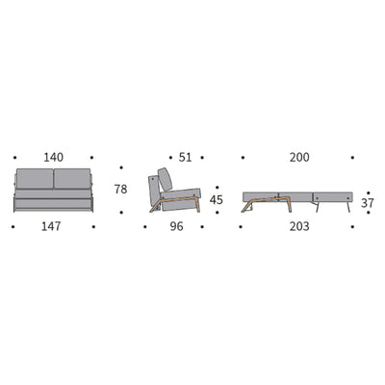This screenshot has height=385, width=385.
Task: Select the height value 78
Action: [x=120, y=190]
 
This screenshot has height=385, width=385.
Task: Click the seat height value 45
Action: [x=217, y=200]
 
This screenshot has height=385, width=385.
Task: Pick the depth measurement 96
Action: [x=176, y=227]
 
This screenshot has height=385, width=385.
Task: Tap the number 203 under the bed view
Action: [x=298, y=227]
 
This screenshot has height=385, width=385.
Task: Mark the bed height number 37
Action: [x=367, y=203]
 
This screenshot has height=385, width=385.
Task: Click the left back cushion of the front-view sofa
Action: [x=39, y=179]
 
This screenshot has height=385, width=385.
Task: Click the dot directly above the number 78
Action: [x=120, y=163]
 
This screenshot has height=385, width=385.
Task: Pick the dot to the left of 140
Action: [x=13, y=157]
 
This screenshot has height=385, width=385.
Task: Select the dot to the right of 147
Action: [x=93, y=227]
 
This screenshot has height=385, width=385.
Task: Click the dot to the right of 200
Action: [x=352, y=157]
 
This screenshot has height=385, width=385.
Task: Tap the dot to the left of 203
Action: [x=243, y=227]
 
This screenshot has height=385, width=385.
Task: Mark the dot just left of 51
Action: [x=169, y=157]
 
